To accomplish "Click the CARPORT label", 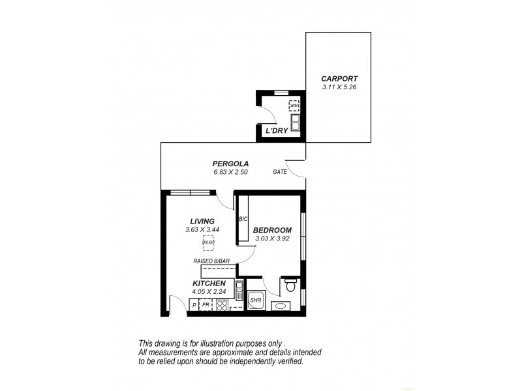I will click(338, 78).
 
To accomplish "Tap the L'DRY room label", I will click(276, 131).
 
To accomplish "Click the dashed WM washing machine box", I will click(294, 106).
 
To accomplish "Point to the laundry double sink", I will click(295, 121).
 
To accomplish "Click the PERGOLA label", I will click(230, 164).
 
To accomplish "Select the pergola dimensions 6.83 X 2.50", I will click(230, 172).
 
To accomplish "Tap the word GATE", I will click(280, 172).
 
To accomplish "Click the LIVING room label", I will click(202, 221).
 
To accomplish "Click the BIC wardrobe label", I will click(243, 219).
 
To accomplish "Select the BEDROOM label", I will click(272, 230).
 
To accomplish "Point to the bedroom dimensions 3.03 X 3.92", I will click(272, 239).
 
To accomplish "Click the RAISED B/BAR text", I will click(211, 261).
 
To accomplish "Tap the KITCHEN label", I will click(209, 283).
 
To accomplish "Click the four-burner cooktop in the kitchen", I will click(222, 304).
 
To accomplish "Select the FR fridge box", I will click(206, 304).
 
